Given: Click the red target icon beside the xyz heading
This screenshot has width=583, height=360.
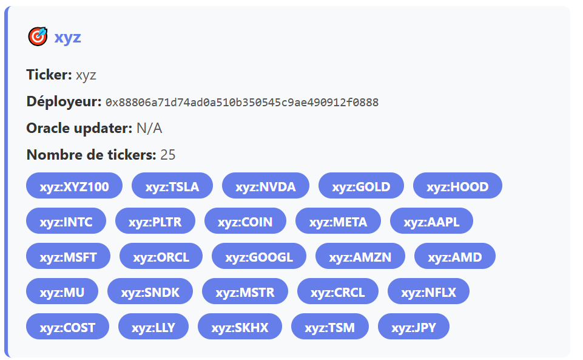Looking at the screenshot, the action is (38, 36).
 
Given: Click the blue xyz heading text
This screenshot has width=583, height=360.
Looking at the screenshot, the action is (68, 37).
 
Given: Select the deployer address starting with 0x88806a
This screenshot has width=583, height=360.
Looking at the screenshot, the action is (242, 102).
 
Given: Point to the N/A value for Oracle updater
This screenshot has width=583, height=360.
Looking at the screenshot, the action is (149, 128).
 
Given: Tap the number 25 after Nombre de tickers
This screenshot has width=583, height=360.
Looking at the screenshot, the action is (167, 155).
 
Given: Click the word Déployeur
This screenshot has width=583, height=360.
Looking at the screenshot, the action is (64, 101).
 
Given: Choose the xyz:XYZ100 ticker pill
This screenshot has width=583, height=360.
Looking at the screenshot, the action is (75, 186).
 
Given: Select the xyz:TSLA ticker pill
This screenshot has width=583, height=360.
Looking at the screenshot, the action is (172, 186).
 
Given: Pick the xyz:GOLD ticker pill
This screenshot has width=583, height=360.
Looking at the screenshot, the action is (361, 186).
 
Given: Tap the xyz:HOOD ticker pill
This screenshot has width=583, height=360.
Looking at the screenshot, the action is (457, 186).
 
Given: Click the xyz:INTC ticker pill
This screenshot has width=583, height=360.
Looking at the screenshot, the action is (66, 221).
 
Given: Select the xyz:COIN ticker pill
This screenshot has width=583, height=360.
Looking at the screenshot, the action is (246, 221).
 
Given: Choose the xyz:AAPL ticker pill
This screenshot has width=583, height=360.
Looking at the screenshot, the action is (432, 221).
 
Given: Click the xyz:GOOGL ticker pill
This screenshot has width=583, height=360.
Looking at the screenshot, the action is (259, 256).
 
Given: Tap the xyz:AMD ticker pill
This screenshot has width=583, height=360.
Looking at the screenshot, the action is (455, 256).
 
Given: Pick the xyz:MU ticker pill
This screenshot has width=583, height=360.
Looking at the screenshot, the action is (62, 291).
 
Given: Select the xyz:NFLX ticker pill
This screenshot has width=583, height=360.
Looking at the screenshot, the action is (429, 291).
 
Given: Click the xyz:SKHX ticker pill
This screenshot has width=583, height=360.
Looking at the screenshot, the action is (240, 327).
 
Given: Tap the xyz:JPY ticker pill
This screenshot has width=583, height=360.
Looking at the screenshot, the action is (414, 327).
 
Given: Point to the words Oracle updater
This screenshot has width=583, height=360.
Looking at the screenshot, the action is (79, 128).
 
